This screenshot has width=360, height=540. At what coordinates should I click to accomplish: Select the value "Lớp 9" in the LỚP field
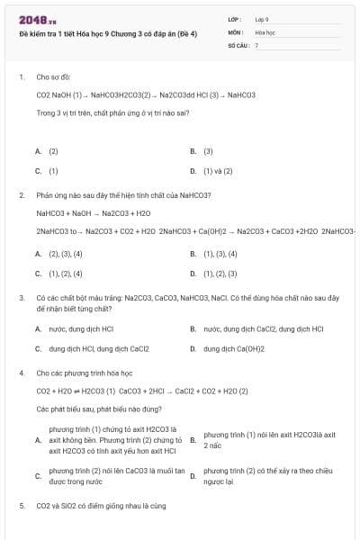pos(262,19)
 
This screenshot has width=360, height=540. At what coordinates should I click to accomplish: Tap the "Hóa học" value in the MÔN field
pos(265,31)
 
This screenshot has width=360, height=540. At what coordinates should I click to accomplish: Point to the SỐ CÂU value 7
pos(256,44)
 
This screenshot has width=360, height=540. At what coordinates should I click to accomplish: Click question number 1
pos(21,77)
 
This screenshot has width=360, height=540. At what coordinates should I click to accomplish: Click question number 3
pos(21,297)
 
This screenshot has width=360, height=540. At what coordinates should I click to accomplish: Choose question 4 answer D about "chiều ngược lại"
pos(261,475)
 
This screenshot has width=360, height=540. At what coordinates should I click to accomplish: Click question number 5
pos(21,506)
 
